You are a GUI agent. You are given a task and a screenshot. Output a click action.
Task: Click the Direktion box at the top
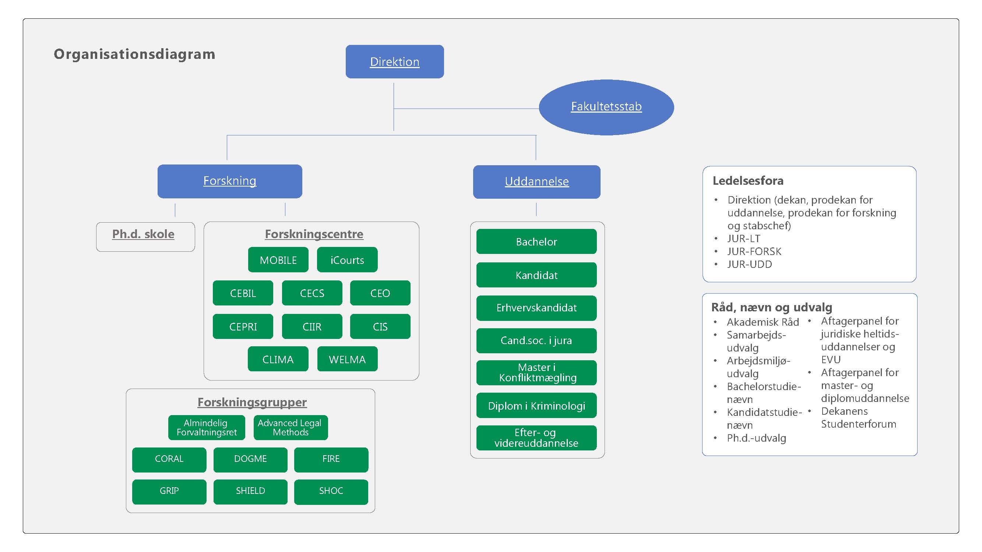coord(395,62)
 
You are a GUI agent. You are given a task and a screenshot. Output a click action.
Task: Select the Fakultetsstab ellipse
coord(606,107)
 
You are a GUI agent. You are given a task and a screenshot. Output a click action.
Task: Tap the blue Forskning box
coord(229,181)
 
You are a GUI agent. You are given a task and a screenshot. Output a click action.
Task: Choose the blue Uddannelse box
coord(536,182)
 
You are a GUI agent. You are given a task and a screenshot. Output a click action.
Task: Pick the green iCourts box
coord(347,260)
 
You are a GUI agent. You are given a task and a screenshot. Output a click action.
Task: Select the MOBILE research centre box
coord(278,260)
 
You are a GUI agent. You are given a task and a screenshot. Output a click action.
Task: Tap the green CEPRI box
coord(243,326)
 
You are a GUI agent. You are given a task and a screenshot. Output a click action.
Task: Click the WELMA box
coord(347,359)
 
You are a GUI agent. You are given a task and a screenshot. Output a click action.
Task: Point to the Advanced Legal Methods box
coord(290,427)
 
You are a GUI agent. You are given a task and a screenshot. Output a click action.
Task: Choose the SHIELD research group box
coord(250,491)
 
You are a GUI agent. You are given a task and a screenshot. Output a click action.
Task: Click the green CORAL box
coord(169,459)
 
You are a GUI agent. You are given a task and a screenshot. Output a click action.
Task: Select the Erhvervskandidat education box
coord(536,308)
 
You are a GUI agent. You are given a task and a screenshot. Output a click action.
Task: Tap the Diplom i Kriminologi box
coord(536,406)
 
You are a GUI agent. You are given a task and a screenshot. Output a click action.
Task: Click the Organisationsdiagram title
coord(134,54)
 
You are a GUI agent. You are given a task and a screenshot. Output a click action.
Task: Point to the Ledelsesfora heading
coord(748,181)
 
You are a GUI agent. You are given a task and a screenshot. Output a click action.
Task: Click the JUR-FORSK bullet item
coord(754,251)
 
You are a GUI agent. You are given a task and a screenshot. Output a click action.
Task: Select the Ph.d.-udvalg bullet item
coord(756,438)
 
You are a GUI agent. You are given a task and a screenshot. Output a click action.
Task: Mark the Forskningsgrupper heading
coord(251,402)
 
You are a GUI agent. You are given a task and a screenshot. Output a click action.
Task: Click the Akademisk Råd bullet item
coord(763,322)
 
